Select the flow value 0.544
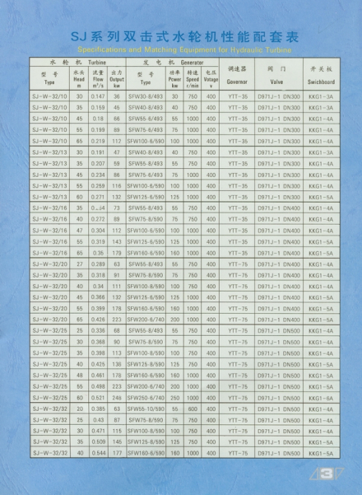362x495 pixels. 99,452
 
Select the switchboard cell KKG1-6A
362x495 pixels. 321,397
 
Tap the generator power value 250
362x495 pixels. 174,397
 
